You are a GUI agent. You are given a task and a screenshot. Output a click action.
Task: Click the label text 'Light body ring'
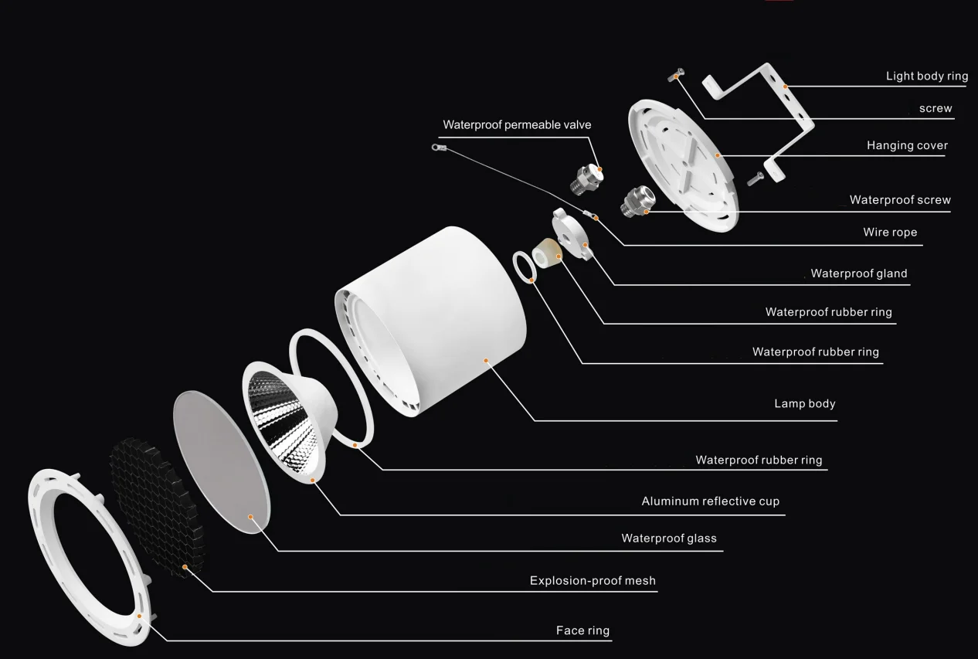926,76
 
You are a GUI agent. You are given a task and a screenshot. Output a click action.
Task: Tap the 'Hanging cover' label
907,145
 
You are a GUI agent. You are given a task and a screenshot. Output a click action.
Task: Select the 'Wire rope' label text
890,232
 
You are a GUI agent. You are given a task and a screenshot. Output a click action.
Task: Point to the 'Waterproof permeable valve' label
517,124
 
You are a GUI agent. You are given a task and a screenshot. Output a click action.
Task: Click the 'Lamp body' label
804,403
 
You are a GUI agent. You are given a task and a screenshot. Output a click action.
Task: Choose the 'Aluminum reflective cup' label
710,501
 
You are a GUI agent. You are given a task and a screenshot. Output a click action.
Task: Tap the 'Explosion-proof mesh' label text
593,580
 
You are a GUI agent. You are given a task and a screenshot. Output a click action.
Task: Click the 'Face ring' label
582,630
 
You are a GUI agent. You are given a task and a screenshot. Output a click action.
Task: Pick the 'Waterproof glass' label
669,538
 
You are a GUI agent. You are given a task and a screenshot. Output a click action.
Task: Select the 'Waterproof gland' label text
858,273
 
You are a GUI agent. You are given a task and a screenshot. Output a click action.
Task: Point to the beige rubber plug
547,253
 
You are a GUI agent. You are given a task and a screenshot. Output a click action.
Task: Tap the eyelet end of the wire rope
437,146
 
